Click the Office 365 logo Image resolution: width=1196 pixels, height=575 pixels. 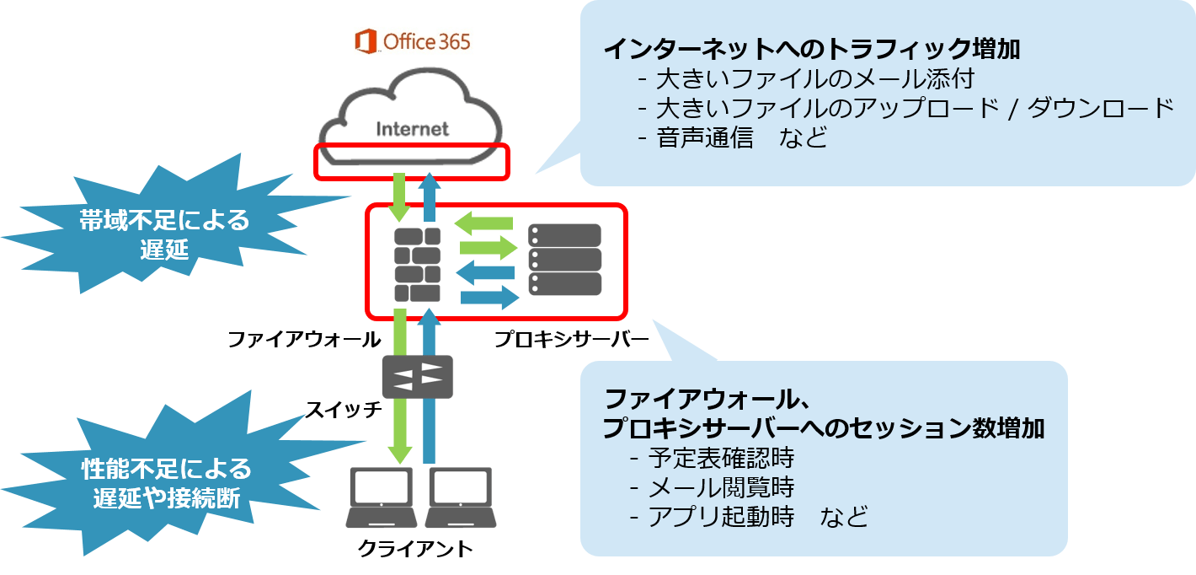point(413,41)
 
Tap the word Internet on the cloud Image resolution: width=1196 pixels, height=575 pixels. point(412,129)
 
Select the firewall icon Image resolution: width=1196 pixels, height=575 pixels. point(418,265)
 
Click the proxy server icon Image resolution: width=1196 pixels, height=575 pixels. point(565,260)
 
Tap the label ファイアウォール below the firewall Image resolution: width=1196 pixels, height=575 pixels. point(304,340)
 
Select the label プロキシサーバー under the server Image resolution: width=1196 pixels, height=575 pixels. point(570,340)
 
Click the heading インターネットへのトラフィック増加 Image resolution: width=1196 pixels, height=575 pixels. point(811,50)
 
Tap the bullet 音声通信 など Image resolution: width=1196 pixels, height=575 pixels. point(742,137)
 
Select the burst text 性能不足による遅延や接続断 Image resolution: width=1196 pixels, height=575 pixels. point(166,482)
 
